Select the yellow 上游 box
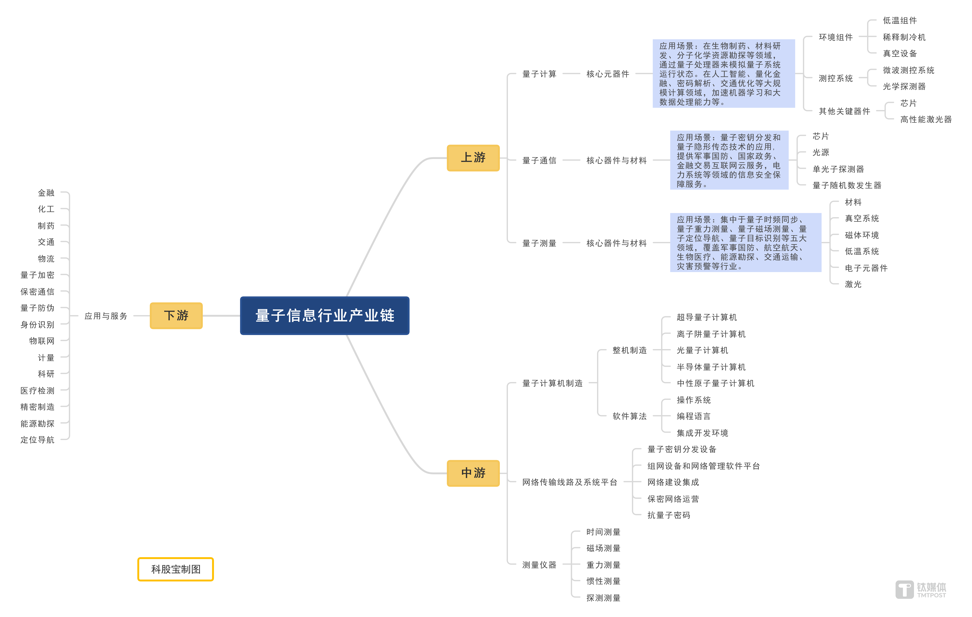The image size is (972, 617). (473, 158)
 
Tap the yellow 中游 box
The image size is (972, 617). (473, 473)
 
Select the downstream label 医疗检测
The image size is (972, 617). (38, 390)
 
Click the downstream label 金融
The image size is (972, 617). (46, 193)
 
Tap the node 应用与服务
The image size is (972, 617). (106, 316)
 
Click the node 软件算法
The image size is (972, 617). (629, 416)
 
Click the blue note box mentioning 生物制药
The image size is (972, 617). (723, 74)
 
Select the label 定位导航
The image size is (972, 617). (38, 440)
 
